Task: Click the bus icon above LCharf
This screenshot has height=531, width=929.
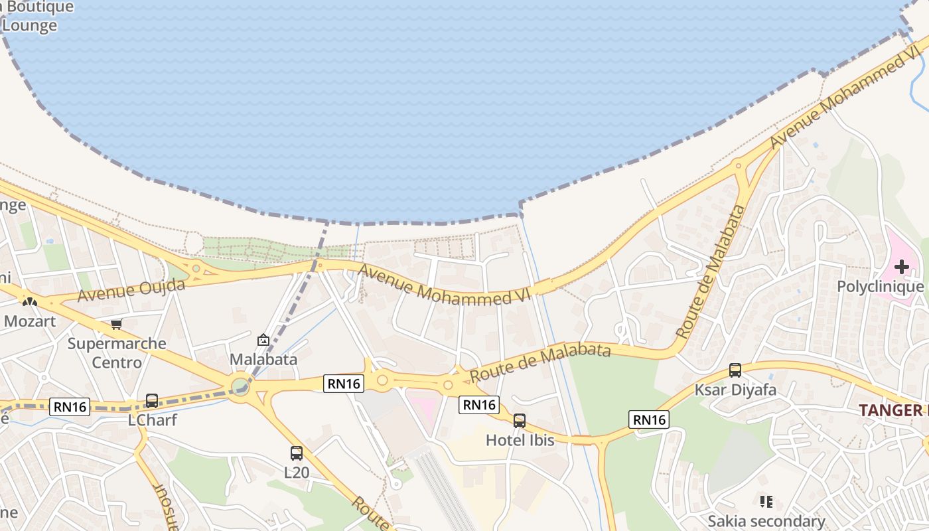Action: (152, 400)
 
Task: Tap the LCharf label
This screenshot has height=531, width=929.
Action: (153, 419)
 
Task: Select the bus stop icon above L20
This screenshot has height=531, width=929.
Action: (297, 453)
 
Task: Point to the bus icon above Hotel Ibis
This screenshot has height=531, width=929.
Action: (520, 420)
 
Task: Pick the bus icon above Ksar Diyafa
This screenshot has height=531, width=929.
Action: (735, 370)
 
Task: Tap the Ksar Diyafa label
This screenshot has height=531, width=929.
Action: (735, 390)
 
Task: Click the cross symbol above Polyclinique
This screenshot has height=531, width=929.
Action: (901, 267)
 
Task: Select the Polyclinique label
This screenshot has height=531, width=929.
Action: (880, 287)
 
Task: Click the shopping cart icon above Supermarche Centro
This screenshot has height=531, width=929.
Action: (117, 324)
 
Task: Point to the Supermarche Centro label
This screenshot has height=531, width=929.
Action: (117, 352)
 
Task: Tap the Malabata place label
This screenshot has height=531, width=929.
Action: (263, 359)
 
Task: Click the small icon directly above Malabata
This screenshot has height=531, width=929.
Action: (263, 340)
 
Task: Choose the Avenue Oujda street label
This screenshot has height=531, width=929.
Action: (131, 290)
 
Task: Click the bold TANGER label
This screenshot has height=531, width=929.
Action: (891, 410)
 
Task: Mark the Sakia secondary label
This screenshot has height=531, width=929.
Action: (766, 521)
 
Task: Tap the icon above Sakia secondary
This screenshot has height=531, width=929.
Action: (766, 501)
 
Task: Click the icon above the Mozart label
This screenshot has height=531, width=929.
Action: (29, 301)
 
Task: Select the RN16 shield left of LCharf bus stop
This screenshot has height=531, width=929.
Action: (70, 407)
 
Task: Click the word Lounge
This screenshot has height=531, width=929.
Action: (30, 26)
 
